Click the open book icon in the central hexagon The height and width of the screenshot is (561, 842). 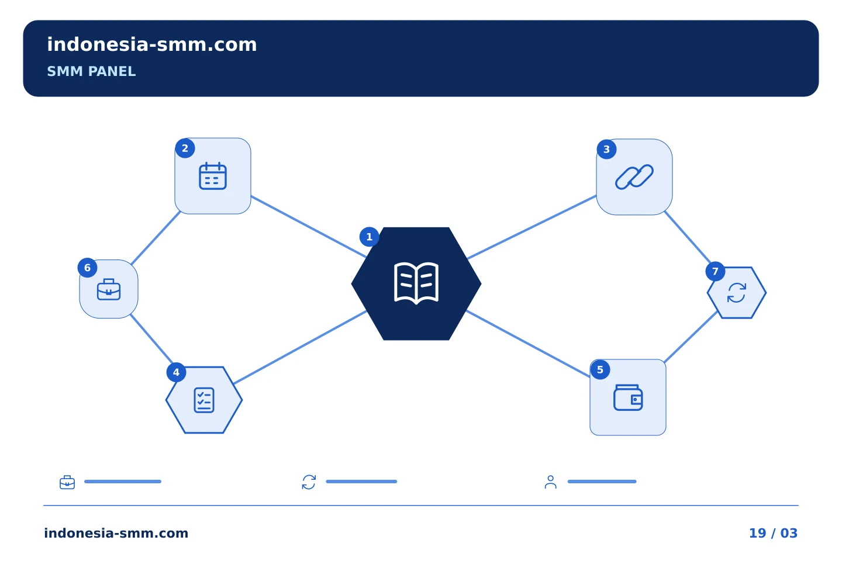coord(416,283)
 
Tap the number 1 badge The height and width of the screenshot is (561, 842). coord(369,237)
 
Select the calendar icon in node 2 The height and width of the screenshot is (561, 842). coord(213,176)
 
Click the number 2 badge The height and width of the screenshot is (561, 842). coord(185,148)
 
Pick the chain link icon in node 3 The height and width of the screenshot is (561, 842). coord(634,176)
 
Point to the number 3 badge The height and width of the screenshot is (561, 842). coord(606,149)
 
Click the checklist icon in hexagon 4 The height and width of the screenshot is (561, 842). coord(204,400)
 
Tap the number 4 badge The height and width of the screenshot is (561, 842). coord(177,372)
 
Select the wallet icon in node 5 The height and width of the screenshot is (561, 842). coord(628,397)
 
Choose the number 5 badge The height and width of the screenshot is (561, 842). coord(601,370)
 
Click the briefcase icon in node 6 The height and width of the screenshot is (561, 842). coord(109,289)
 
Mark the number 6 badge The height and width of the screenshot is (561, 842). coord(87,268)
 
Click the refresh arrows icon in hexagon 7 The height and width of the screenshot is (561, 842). coord(737,293)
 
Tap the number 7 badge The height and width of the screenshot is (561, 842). coord(715,271)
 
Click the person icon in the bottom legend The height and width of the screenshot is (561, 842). coord(551,482)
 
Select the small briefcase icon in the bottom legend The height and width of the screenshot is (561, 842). coord(67,482)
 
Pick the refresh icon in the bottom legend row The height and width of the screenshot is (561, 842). coord(309,482)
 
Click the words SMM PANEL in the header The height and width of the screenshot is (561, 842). coord(91,71)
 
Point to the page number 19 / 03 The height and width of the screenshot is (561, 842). coord(773,533)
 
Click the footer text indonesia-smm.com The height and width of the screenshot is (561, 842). coord(116,533)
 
